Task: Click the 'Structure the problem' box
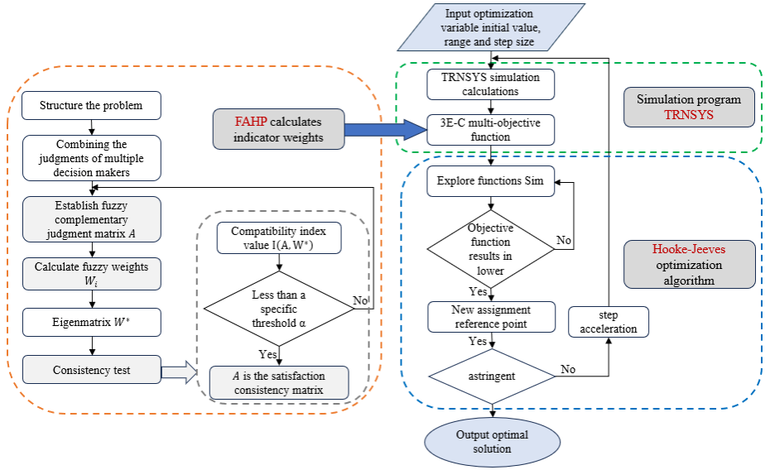91,106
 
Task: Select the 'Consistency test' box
91,369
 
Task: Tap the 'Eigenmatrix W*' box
91,322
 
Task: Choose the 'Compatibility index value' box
278,238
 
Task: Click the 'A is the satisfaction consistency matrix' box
279,382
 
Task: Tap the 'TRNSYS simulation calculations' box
491,84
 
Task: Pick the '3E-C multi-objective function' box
491,130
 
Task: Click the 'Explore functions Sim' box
491,181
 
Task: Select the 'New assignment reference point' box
491,316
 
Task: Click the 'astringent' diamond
491,375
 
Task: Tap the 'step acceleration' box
608,322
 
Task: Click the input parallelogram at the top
491,27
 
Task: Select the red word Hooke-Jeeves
689,249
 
